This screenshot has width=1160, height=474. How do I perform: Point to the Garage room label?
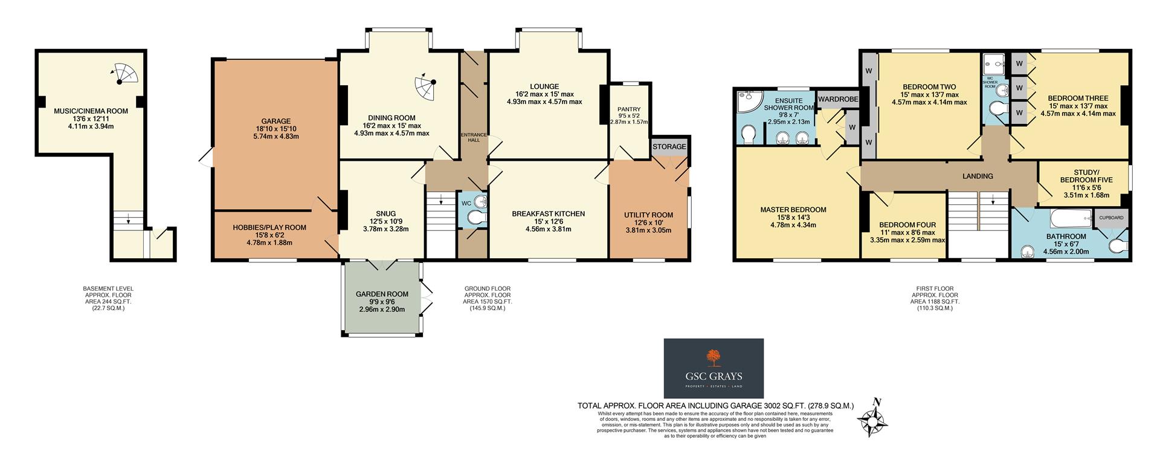pos(275,121)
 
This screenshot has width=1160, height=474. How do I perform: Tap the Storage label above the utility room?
pos(669,147)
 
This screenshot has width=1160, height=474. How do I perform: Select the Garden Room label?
pos(382,294)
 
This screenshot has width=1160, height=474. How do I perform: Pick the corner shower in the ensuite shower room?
pos(747,103)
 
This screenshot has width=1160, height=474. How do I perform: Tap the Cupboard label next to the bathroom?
pos(1111,217)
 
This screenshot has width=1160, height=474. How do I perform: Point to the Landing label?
pos(978,177)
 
